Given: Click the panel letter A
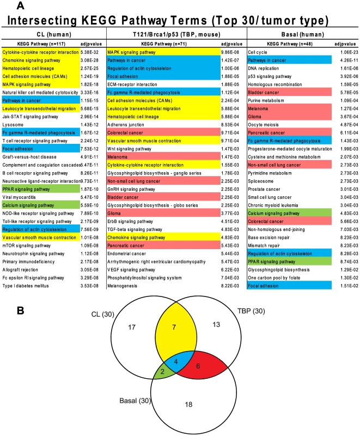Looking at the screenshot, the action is tap(20, 5).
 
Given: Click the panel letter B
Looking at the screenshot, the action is tap(20, 311).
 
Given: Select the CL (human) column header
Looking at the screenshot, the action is tap(54, 34).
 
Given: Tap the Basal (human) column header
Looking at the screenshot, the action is tap(302, 34).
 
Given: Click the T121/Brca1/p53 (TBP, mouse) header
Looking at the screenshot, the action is tap(176, 34).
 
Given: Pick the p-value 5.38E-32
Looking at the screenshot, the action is tap(89, 52).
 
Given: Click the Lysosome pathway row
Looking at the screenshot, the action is tap(13, 125).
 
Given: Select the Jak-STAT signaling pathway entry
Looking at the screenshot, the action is tap(30, 117).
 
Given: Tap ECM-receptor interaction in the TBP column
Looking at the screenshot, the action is tap(132, 84).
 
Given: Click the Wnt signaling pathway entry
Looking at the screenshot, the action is tap(129, 149).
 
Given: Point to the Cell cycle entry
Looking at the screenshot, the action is tap(258, 52).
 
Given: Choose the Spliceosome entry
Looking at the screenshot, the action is tap(260, 181).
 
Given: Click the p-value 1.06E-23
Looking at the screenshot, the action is tap(349, 52).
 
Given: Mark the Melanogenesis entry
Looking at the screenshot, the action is tap(122, 286).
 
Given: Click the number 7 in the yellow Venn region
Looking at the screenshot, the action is tap(174, 328).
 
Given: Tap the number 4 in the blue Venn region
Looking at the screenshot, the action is tap(176, 362).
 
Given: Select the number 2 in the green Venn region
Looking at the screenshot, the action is tap(162, 372).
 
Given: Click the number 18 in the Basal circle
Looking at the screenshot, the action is tap(188, 404).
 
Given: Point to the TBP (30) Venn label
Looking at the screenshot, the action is tap(251, 311).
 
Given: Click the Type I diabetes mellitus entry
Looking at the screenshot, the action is tap(26, 286).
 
